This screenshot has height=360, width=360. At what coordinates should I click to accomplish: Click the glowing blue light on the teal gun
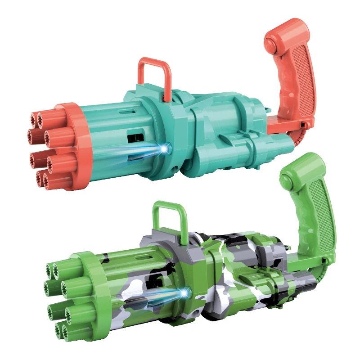[x=167, y=147]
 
